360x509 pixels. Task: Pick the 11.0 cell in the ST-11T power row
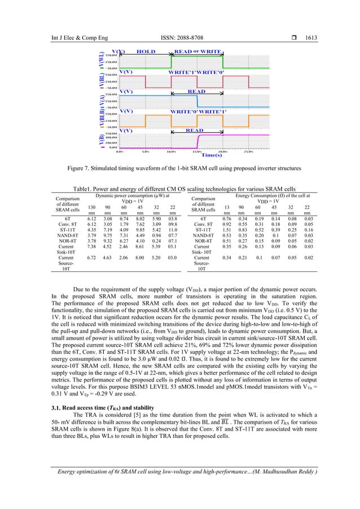(174, 229)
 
